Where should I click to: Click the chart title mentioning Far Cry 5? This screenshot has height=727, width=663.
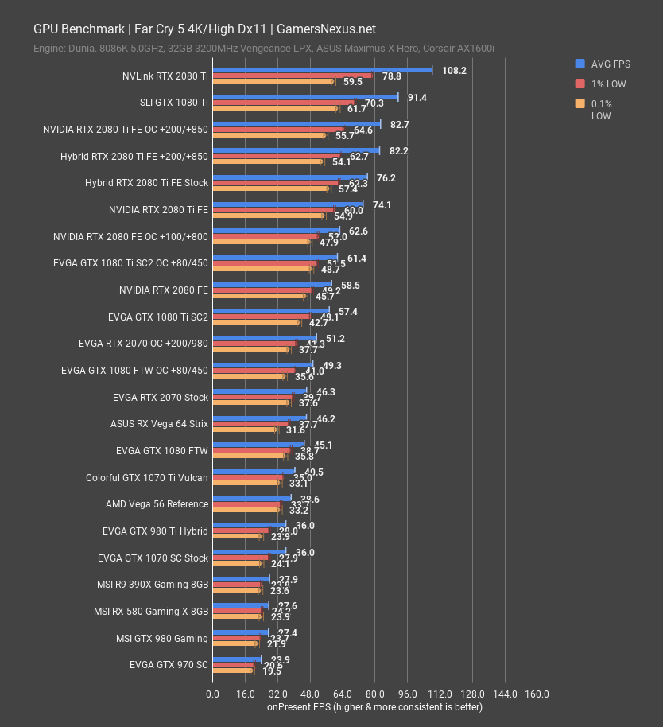coord(204,29)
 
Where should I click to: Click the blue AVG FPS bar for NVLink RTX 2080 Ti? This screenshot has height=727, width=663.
coord(322,70)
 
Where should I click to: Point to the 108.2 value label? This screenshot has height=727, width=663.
coord(454,71)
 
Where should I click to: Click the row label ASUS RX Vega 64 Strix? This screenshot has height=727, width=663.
coord(159,424)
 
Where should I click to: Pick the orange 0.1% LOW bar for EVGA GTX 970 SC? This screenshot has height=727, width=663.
coord(232,671)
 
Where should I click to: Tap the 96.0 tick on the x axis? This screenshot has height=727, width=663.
coord(407,694)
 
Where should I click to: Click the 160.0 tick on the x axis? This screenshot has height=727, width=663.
coord(537,694)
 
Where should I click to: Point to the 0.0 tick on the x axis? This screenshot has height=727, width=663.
coord(212,694)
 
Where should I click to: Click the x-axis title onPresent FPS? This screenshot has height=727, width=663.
coord(374,706)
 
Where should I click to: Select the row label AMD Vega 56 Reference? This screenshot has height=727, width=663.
coord(157,504)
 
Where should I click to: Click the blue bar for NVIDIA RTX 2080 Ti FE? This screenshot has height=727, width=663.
coord(288,204)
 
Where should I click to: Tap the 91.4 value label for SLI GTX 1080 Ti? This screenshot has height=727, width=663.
coord(417,98)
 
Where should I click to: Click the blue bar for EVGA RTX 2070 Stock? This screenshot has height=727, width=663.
coord(259,391)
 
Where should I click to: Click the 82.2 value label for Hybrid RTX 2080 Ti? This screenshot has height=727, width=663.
coord(398,151)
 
